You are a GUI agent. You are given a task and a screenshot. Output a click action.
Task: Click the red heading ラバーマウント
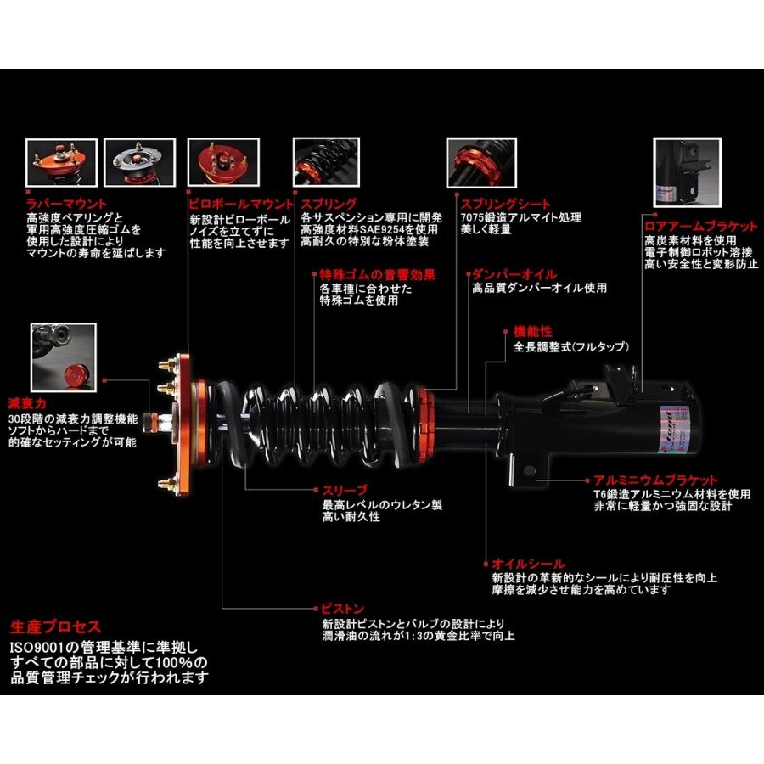[66, 205]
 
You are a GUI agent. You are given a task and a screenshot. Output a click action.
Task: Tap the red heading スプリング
[329, 205]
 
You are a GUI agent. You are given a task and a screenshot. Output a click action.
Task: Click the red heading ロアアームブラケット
[700, 227]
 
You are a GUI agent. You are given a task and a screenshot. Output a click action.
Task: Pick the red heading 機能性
[533, 332]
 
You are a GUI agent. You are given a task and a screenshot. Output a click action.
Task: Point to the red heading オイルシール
[527, 564]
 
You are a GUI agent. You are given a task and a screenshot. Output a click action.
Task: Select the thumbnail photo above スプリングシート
[481, 164]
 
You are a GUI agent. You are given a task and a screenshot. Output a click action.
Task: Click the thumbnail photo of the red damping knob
[63, 352]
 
